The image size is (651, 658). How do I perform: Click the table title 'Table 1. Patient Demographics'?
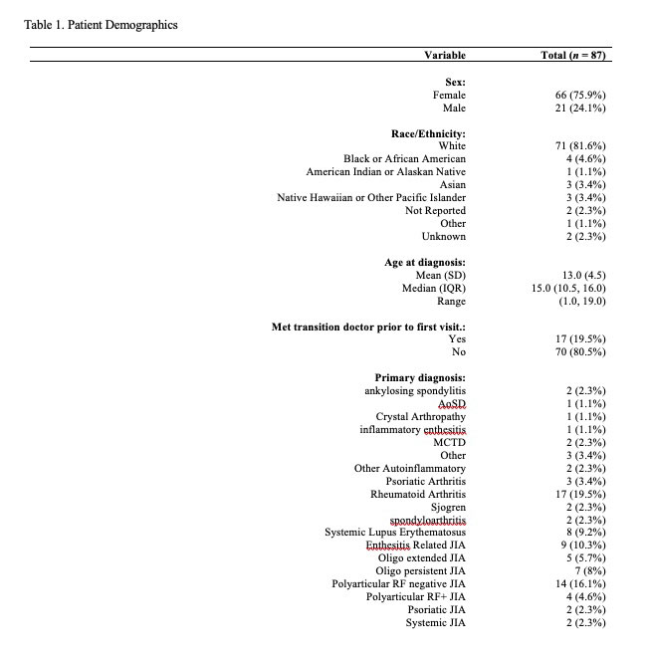tap(101, 24)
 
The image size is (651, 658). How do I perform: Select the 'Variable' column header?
tap(445, 55)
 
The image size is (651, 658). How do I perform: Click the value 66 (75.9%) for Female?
tap(580, 95)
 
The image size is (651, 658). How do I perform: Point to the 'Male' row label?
tap(454, 108)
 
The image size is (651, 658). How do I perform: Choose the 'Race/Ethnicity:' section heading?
tap(428, 133)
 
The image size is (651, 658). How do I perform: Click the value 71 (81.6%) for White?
tap(580, 146)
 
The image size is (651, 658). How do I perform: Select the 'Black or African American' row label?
tap(404, 159)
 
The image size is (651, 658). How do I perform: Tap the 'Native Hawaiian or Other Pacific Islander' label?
tap(371, 198)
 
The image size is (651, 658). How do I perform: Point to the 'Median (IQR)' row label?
tap(434, 289)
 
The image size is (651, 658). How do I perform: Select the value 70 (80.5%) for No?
tap(580, 352)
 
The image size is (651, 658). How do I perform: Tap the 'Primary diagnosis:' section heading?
tap(420, 378)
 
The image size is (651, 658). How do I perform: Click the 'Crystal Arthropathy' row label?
tap(420, 417)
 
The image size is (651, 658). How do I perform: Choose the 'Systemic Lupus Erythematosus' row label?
tap(395, 533)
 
